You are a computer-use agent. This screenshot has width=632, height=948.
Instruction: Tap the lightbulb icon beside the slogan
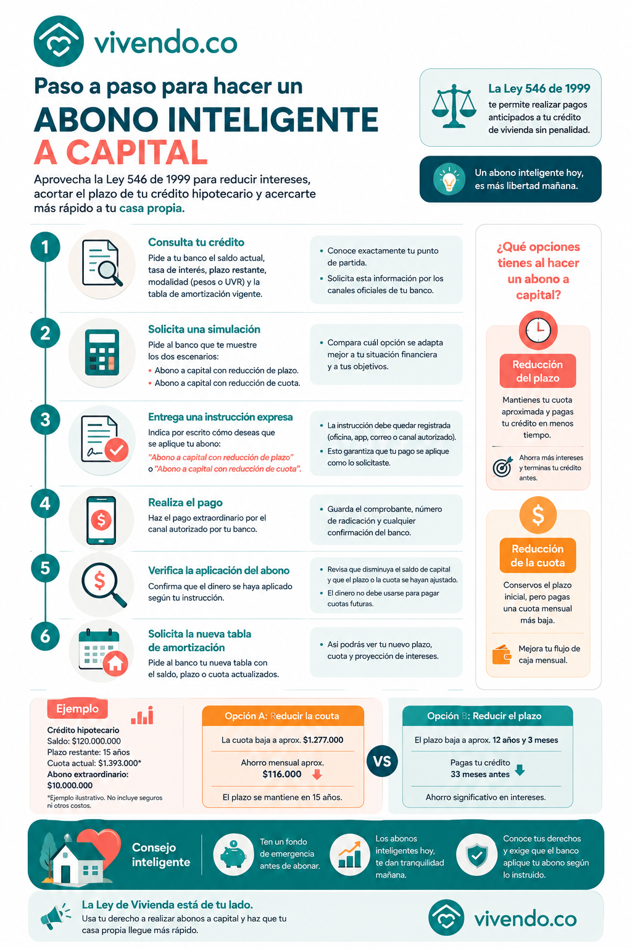pos(449,179)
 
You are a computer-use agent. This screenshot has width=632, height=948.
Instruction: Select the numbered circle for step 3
pos(45,420)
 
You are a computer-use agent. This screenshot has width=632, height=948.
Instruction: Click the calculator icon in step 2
pos(102,352)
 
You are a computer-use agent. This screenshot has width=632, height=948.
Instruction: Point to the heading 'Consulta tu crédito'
pos(196,242)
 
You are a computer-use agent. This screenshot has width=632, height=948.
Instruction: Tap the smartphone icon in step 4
pos(101,520)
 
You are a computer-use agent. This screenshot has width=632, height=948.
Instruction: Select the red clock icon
pos(538,330)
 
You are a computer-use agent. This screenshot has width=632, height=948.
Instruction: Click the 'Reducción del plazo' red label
pos(538,371)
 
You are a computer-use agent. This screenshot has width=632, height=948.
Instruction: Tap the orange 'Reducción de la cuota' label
pos(538,555)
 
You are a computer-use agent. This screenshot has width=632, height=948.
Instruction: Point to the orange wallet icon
pos(502,654)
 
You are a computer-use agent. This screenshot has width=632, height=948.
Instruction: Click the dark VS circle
pos(382,762)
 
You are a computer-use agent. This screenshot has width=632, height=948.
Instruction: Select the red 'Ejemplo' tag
pos(78,709)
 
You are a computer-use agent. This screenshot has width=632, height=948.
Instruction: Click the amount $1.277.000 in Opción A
pos(323,740)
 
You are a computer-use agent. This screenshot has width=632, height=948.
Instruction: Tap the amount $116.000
pos(282,774)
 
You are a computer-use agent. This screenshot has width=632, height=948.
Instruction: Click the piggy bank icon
pos(233,854)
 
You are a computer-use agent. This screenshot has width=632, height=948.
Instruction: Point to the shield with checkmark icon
pos(476,854)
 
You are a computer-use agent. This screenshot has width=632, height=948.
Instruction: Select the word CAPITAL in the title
pos(137,152)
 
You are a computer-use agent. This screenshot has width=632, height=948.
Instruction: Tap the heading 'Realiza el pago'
pos(185,502)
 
